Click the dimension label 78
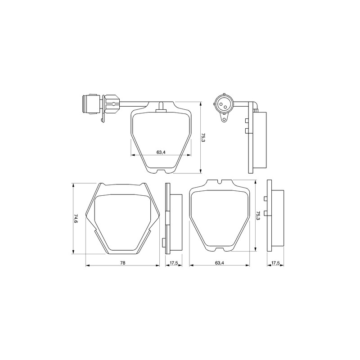click(x=122, y=263)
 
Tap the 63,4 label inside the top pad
click(x=161, y=152)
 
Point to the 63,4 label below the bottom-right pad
click(x=220, y=263)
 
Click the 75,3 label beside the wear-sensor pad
click(x=203, y=138)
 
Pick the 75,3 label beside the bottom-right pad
click(x=257, y=216)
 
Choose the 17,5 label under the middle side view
click(x=174, y=263)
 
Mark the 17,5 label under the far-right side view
click(x=275, y=263)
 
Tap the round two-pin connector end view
click(x=224, y=105)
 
